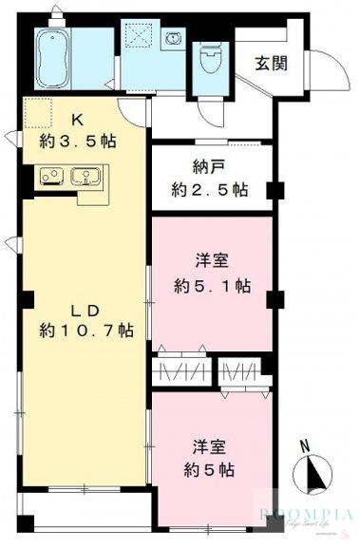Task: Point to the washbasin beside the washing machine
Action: (x=174, y=40)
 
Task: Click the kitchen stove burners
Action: (x=53, y=177)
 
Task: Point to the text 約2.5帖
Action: (x=210, y=189)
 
